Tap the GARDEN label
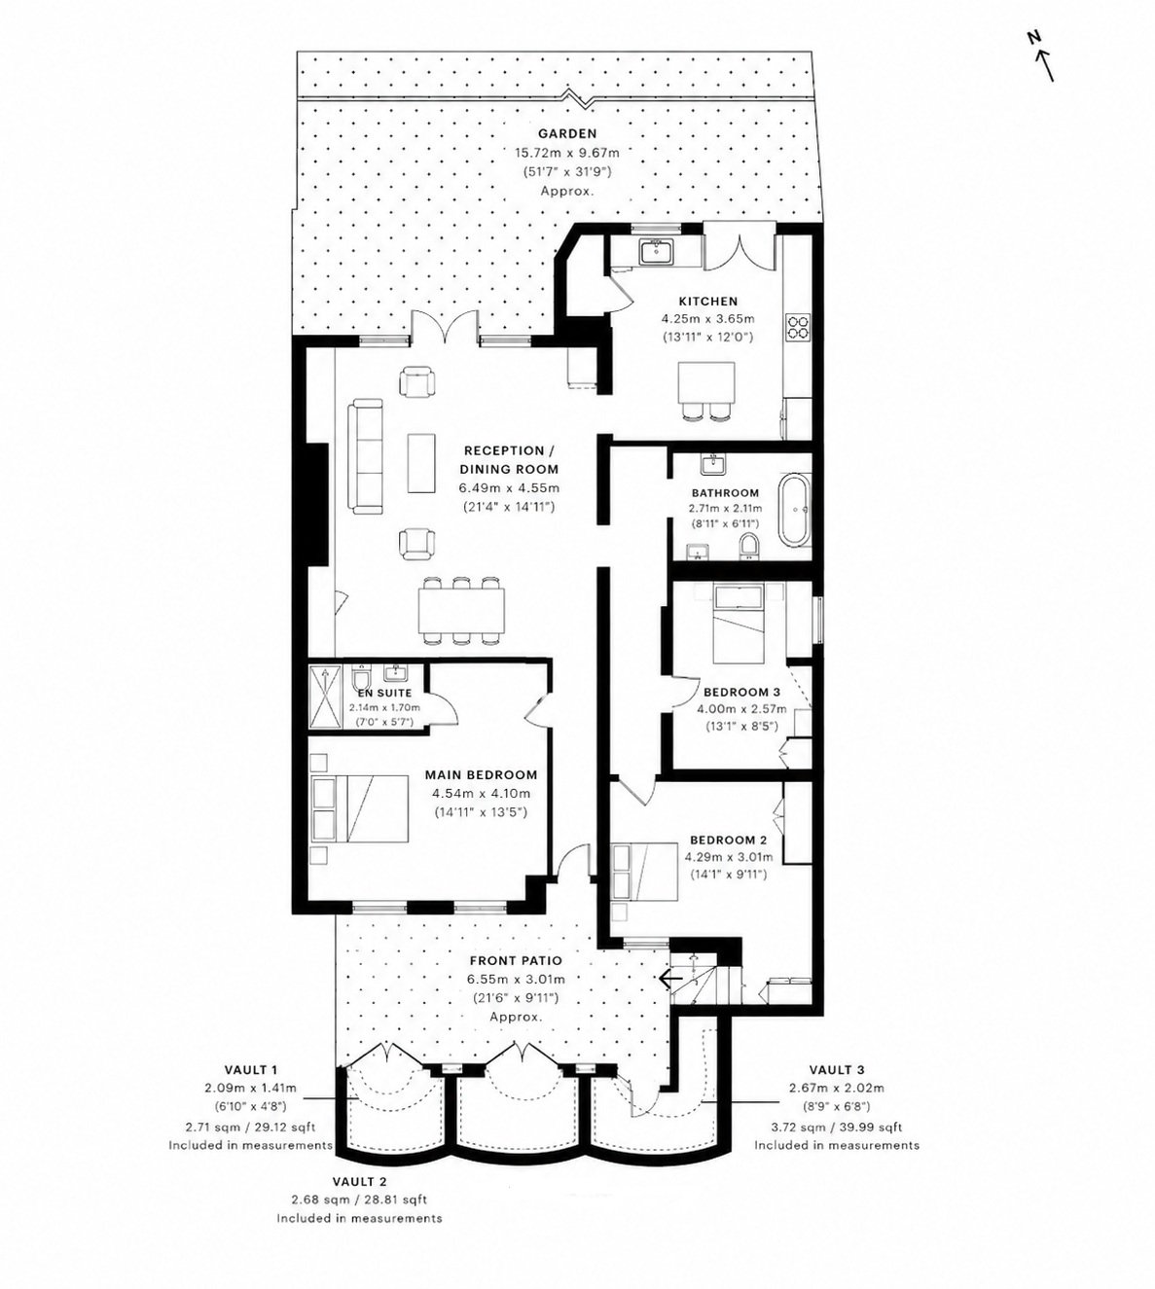tap(567, 133)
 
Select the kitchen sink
tap(657, 251)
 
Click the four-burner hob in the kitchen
tap(798, 326)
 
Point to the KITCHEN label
tap(707, 302)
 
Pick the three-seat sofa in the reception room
tap(365, 456)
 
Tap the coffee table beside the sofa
tap(421, 462)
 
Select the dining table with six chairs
tap(461, 611)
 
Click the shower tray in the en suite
tap(326, 696)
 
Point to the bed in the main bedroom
tap(360, 808)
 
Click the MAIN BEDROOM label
tap(481, 775)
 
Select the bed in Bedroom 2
tap(644, 871)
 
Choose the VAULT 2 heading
tap(360, 1181)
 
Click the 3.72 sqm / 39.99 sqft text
tap(837, 1128)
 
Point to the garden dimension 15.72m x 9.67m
tap(567, 153)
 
